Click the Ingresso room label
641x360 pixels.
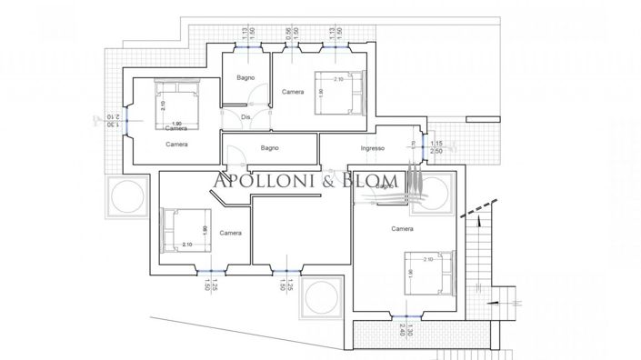(373, 148)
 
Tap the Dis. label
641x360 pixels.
(245, 117)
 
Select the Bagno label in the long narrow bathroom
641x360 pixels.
(268, 148)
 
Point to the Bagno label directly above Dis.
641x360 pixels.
(245, 78)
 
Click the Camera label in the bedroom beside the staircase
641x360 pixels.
(403, 228)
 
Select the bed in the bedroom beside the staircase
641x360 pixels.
(426, 273)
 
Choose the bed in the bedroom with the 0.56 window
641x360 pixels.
(336, 93)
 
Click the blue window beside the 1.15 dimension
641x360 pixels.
(424, 147)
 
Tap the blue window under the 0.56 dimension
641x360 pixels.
(288, 45)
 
